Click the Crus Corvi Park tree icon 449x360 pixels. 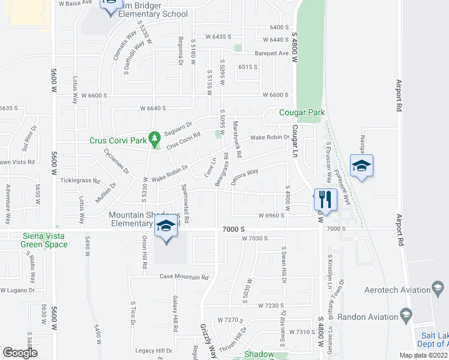pyautogui.click(x=155, y=139)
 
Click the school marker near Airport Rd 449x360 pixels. pyautogui.click(x=362, y=165)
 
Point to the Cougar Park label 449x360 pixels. pyautogui.click(x=302, y=112)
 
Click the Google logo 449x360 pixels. pyautogui.click(x=20, y=353)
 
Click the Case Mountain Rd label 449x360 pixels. pyautogui.click(x=184, y=277)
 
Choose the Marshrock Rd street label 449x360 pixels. pyautogui.click(x=237, y=140)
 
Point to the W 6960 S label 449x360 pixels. pyautogui.click(x=270, y=215)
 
